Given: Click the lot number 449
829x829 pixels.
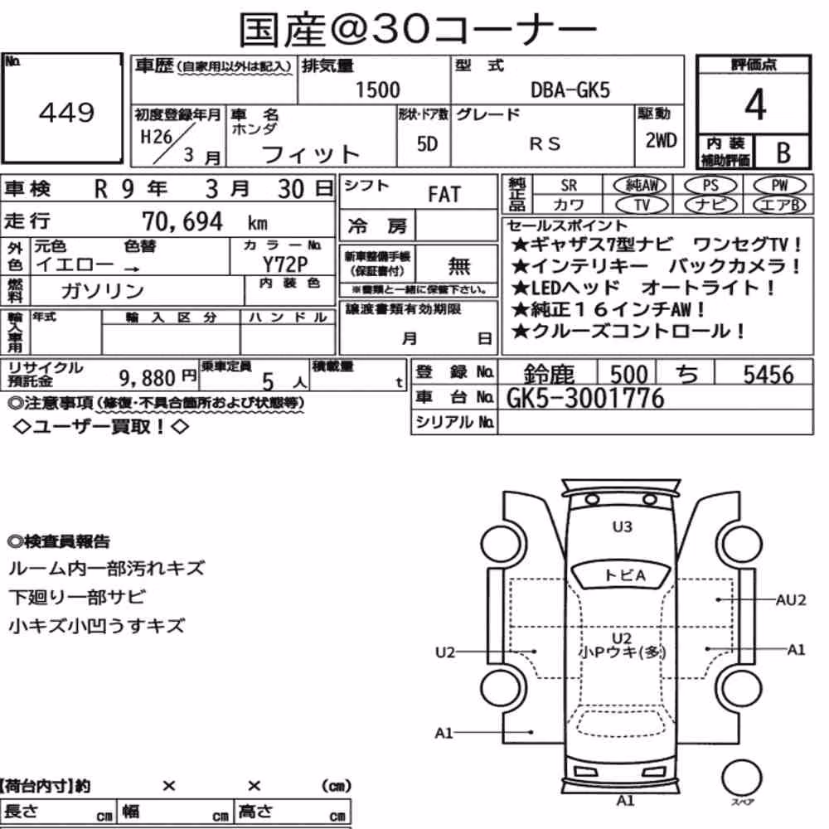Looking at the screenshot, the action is click(66, 112).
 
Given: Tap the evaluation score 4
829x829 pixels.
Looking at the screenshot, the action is click(755, 104).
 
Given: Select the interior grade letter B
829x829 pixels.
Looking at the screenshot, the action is click(783, 153).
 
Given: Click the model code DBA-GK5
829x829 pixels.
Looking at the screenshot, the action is click(570, 90).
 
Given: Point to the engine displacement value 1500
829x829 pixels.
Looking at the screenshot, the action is click(377, 90).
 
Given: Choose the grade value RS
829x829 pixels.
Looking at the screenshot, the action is click(545, 143).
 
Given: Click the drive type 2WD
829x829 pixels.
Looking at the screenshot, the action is click(661, 141).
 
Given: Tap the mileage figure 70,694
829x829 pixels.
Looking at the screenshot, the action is click(182, 221).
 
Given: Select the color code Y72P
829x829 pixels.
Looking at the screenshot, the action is click(285, 264).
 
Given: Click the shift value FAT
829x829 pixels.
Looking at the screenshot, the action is click(444, 195).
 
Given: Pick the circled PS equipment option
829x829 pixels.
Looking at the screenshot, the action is click(710, 186).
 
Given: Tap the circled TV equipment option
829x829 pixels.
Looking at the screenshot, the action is click(642, 205).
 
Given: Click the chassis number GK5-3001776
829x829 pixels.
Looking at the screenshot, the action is click(585, 398).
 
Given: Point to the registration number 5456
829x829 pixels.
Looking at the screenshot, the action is click(768, 375).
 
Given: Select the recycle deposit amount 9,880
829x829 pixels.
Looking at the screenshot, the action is click(147, 378).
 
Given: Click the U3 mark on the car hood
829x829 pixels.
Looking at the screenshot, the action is click(623, 526).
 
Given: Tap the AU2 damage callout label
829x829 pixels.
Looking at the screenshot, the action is click(791, 600).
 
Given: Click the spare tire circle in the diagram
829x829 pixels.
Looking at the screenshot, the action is click(741, 778).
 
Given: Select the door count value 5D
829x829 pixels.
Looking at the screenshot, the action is click(427, 143).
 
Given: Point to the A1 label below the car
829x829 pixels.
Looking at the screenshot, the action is click(625, 801).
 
